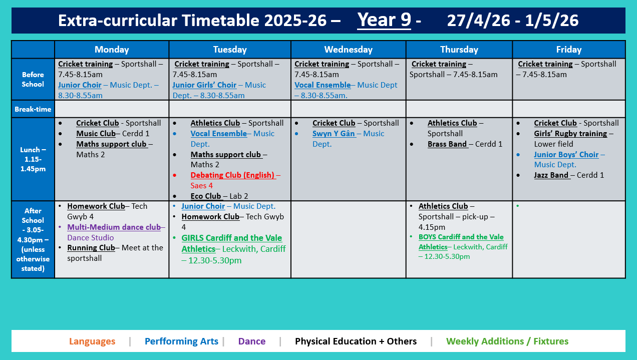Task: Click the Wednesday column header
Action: pyautogui.click(x=348, y=50)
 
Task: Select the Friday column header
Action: pyautogui.click(x=568, y=50)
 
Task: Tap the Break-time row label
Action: pyautogui.click(x=33, y=109)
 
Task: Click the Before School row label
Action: pyautogui.click(x=33, y=79)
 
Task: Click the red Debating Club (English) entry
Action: pyautogui.click(x=232, y=175)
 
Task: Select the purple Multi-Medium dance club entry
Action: pyautogui.click(x=114, y=227)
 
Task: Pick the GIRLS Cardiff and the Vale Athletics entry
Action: pyautogui.click(x=231, y=243)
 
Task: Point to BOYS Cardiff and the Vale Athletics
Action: pyautogui.click(x=461, y=242)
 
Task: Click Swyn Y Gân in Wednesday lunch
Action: pyautogui.click(x=334, y=134)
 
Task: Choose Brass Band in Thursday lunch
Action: pyautogui.click(x=448, y=144)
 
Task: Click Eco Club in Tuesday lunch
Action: pyautogui.click(x=205, y=196)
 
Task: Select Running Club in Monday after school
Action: pyautogui.click(x=91, y=247)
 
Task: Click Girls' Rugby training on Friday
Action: pyautogui.click(x=570, y=134)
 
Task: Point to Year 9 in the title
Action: pyautogui.click(x=384, y=20)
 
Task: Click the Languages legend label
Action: pyautogui.click(x=92, y=341)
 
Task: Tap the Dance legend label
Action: pyautogui.click(x=251, y=341)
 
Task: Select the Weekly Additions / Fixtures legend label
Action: pyautogui.click(x=507, y=341)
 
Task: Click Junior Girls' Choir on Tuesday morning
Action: pyautogui.click(x=204, y=85)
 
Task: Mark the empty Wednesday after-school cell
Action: pyautogui.click(x=348, y=239)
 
